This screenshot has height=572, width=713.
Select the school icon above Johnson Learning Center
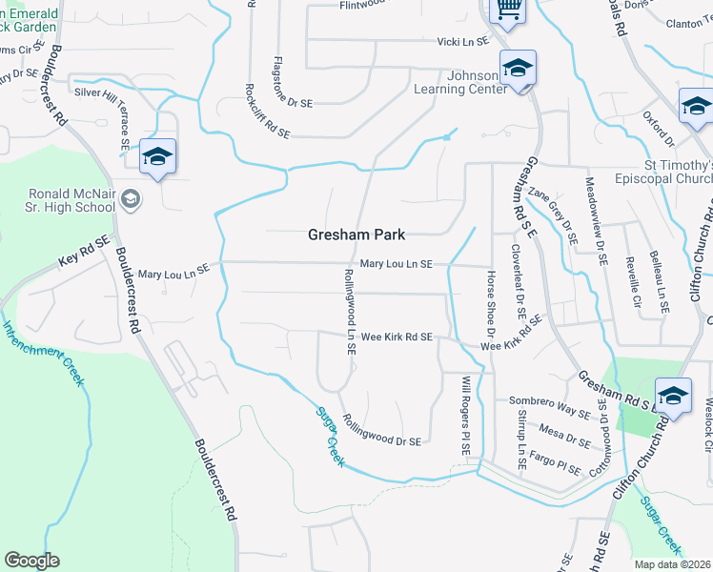click(518, 69)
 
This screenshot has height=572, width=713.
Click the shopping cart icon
click(507, 10)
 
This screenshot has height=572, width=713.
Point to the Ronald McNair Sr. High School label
click(72, 200)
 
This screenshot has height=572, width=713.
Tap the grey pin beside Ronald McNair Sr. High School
click(132, 199)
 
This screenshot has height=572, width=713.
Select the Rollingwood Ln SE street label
click(350, 312)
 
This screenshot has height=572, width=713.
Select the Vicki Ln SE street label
click(462, 41)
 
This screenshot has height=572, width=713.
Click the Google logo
click(31, 561)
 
